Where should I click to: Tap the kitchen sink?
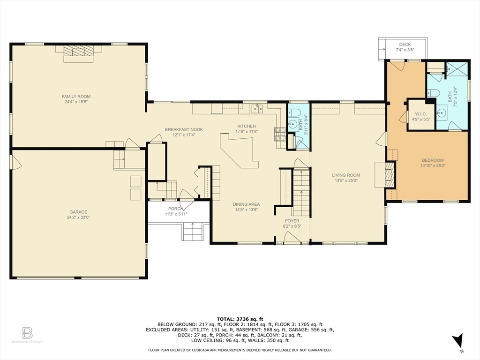257,108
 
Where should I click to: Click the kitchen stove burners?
280,134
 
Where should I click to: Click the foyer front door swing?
292,237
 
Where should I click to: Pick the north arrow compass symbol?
458,341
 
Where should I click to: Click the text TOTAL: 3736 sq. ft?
240,319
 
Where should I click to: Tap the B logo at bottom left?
27,333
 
